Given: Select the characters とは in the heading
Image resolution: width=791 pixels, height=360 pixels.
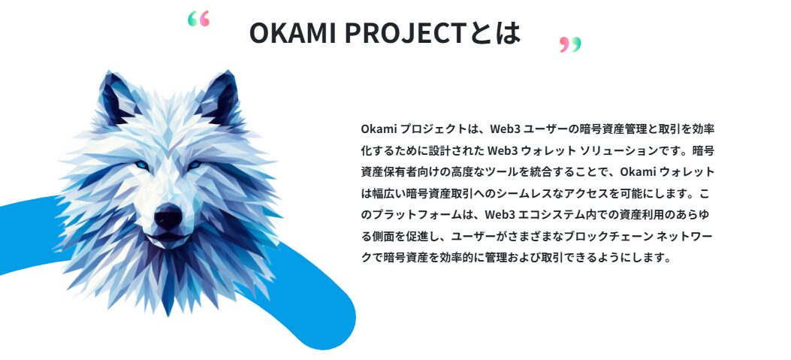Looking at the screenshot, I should (x=497, y=33).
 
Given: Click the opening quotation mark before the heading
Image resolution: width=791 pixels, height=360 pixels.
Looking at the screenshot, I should (x=198, y=19).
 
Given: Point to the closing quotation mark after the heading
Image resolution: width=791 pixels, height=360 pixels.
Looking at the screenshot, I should (x=571, y=44).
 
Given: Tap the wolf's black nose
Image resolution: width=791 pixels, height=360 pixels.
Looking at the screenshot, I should (x=168, y=217).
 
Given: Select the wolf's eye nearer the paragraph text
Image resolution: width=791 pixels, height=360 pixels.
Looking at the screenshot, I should (x=195, y=165).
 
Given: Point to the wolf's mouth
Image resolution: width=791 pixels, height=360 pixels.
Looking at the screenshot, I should (x=168, y=239).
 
